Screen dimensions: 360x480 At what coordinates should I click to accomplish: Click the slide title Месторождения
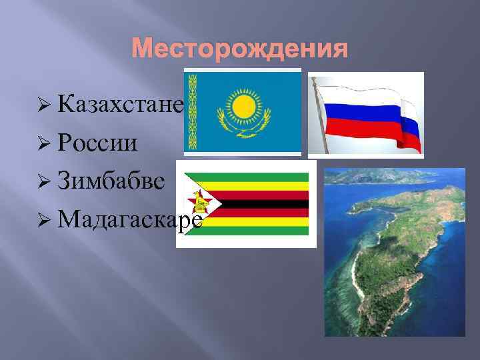(239, 49)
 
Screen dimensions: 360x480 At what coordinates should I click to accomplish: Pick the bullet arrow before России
(45, 142)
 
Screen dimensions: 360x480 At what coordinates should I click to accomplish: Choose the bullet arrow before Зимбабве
(45, 179)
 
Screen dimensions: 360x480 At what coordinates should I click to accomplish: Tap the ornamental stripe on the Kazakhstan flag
(195, 111)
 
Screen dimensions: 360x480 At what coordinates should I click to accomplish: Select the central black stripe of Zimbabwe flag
(260, 203)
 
